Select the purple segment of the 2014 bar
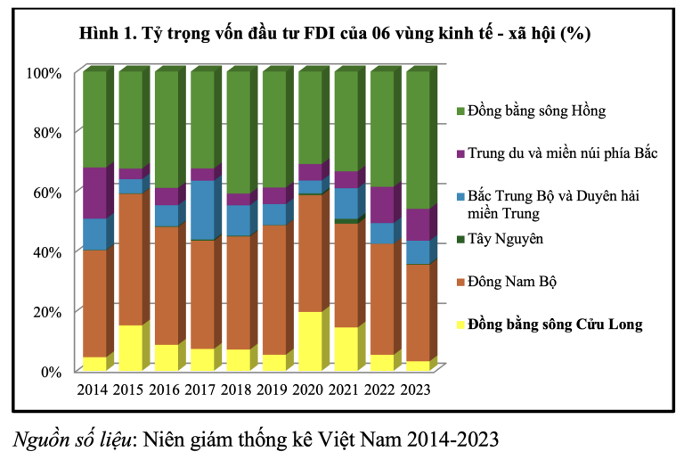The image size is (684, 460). point(94,193)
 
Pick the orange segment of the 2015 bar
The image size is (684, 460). point(130,259)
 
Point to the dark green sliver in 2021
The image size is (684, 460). point(345,221)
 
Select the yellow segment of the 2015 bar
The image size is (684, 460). point(130,348)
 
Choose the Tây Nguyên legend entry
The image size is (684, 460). point(506,239)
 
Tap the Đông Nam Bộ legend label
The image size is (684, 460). point(513,282)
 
